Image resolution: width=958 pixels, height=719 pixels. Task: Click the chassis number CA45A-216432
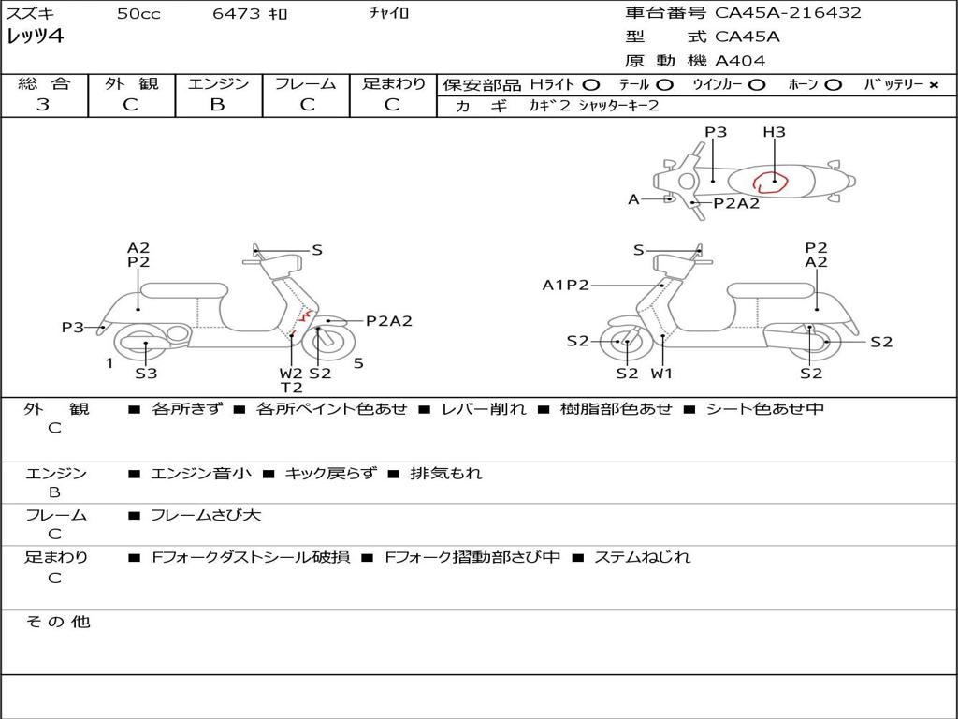coord(788,13)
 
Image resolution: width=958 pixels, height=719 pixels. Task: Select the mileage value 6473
coord(236,13)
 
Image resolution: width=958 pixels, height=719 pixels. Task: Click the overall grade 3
coord(43,105)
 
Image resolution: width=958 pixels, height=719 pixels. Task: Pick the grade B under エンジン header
coord(217,105)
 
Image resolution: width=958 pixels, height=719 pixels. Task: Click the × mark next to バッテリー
coord(934,85)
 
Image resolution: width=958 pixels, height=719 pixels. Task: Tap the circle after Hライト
coord(591,85)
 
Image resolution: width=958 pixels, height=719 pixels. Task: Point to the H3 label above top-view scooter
coord(774,132)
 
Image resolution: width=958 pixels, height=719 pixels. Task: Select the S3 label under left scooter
coord(146,373)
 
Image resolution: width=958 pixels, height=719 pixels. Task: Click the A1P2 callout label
coord(566,285)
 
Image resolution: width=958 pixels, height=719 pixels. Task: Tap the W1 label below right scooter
coord(661,373)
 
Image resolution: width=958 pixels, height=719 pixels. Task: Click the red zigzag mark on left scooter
coord(305,316)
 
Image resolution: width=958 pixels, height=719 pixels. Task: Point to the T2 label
coord(292,388)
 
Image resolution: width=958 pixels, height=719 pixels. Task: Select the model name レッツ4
coord(35,37)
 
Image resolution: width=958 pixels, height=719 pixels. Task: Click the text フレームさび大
coord(206,516)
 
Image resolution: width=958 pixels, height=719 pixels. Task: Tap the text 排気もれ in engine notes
coord(446,473)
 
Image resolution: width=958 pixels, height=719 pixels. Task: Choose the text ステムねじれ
coord(642,557)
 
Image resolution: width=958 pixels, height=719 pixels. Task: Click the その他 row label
coord(58,622)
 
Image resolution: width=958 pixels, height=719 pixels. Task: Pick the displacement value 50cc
coord(138,13)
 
